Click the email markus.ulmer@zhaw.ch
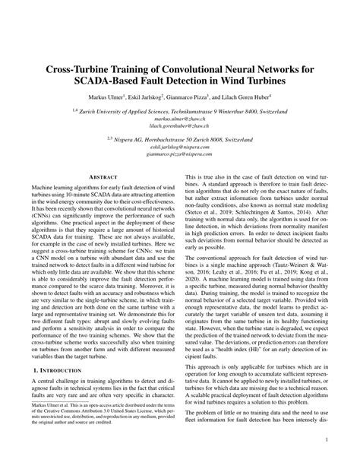pyautogui.click(x=180, y=119)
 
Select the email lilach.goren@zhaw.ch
pyautogui.click(x=180, y=126)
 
